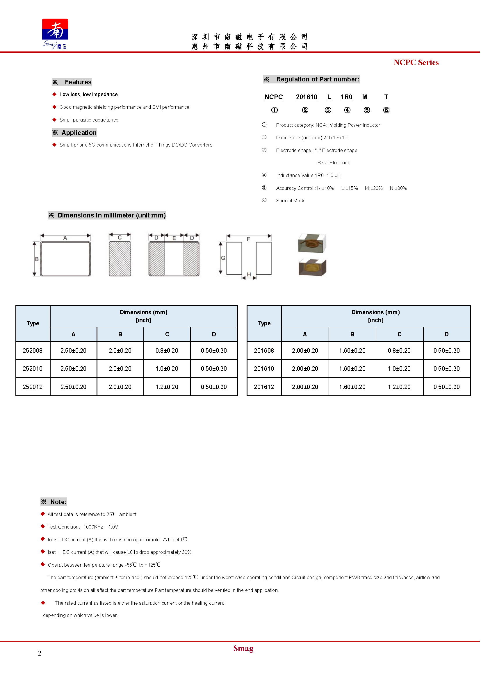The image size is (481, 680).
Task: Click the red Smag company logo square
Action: coord(55,29)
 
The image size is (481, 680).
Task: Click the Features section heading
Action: coord(78,82)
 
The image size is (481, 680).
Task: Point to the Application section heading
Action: coord(79,133)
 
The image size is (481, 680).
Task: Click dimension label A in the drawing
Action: coord(65,238)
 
